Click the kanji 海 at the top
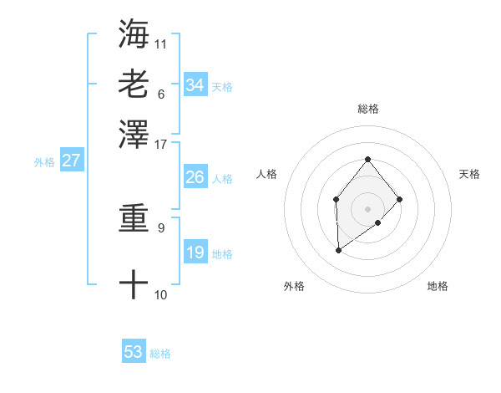click(x=134, y=33)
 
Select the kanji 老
click(x=134, y=84)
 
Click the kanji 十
click(x=134, y=284)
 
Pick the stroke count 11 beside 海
click(x=161, y=43)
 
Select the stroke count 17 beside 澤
click(x=161, y=143)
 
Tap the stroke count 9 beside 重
click(x=161, y=227)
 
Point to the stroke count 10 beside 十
click(x=161, y=294)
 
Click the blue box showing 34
click(x=195, y=85)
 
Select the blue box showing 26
click(x=195, y=177)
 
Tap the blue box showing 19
click(x=195, y=253)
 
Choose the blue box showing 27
click(x=71, y=161)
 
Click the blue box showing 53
click(x=134, y=352)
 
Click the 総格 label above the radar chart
click(x=367, y=109)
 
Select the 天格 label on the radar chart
click(x=469, y=174)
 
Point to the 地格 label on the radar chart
click(x=438, y=286)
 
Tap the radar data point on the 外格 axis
click(x=338, y=250)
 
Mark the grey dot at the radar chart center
click(x=367, y=208)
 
